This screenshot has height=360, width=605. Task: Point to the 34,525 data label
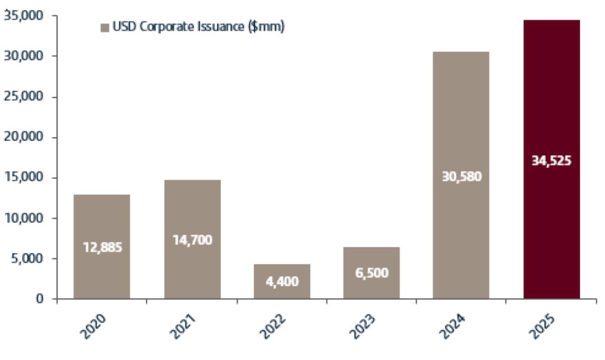(551, 160)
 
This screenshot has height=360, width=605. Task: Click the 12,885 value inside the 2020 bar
(102, 247)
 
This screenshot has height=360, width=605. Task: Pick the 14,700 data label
(192, 241)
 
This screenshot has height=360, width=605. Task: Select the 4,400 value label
(282, 281)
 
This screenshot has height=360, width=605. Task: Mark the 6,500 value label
(372, 274)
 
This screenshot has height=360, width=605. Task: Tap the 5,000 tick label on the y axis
(28, 258)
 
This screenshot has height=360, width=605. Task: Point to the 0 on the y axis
(41, 299)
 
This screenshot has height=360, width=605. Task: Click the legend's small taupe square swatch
(105, 28)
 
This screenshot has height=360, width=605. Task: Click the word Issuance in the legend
(223, 28)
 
